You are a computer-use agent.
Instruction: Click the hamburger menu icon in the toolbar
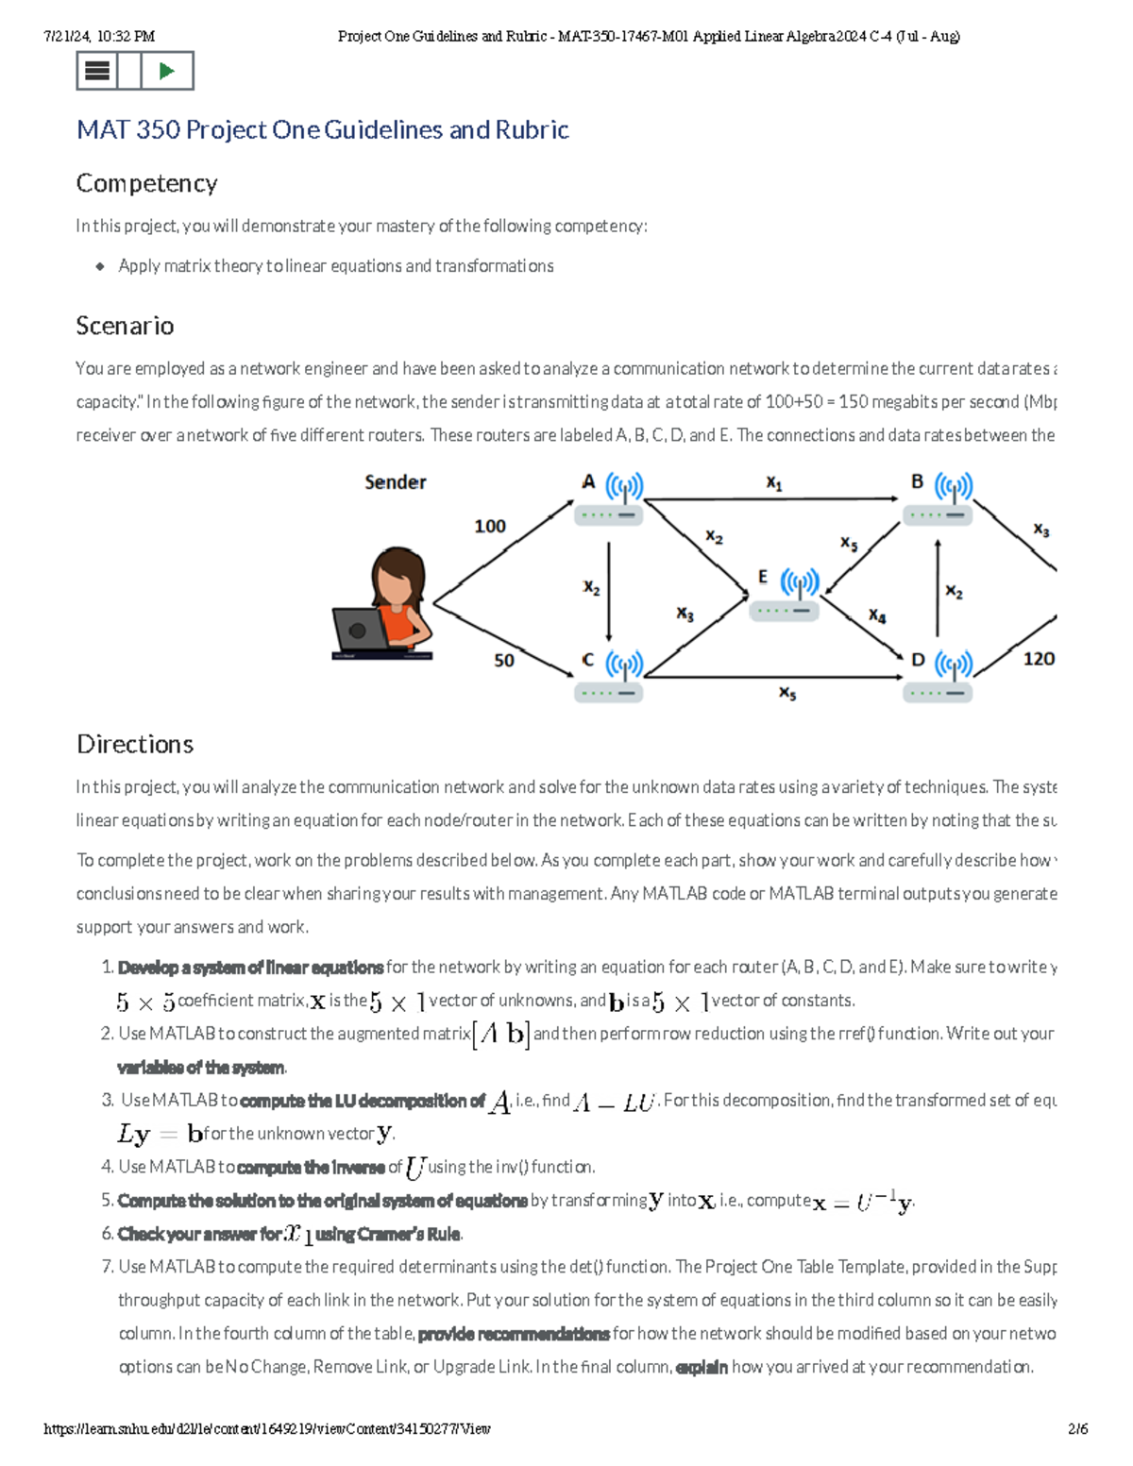97,71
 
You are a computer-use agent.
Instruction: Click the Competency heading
146,183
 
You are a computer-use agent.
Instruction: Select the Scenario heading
125,326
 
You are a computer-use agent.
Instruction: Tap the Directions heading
135,744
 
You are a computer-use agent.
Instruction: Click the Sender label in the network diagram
395,482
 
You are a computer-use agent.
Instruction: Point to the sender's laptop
360,630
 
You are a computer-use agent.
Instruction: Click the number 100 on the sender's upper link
489,526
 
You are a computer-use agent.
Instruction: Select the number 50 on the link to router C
504,660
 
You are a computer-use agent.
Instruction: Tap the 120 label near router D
1039,659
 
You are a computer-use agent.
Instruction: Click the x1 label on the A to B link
773,483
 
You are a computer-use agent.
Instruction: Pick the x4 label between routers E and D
877,615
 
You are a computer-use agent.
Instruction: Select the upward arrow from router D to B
937,587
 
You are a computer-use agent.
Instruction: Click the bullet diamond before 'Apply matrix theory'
100,266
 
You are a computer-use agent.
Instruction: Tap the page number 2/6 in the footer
1078,1429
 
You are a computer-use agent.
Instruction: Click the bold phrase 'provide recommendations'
513,1334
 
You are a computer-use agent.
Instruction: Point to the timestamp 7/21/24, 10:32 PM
99,37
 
